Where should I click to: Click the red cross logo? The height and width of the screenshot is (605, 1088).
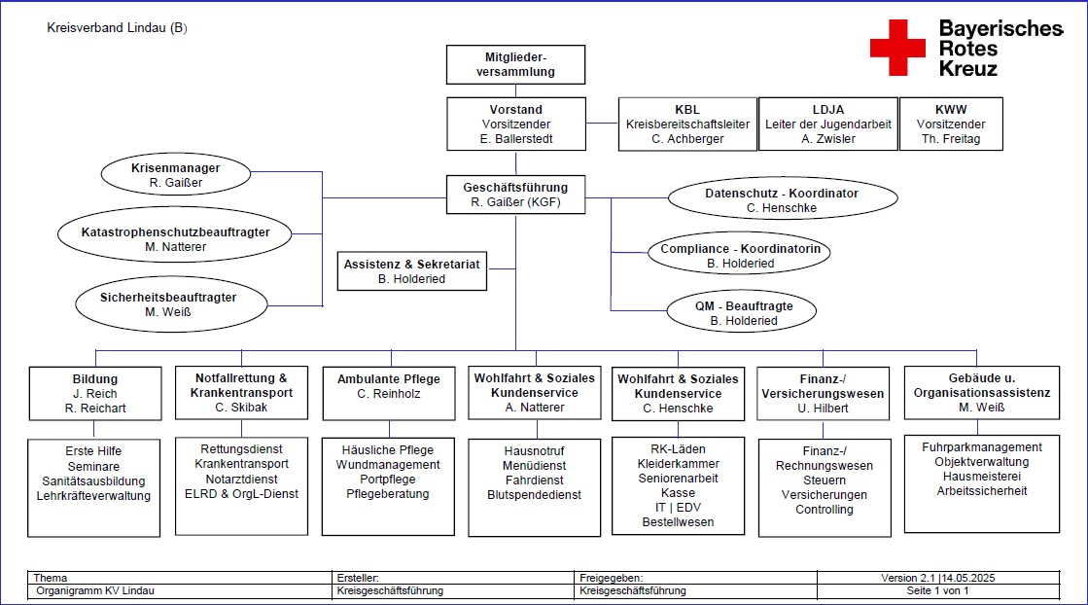(x=897, y=48)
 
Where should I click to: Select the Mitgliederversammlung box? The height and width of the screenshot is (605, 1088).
(x=515, y=64)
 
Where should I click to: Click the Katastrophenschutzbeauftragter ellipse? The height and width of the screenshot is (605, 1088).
(x=175, y=234)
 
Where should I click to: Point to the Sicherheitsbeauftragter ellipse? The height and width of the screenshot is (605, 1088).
(x=171, y=303)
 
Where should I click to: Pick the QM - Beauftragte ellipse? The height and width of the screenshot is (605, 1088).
(x=741, y=311)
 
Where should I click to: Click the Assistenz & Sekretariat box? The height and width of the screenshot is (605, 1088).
(x=412, y=271)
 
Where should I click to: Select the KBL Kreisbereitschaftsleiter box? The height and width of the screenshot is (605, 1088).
(x=687, y=125)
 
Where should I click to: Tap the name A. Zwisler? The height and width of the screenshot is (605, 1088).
(x=828, y=139)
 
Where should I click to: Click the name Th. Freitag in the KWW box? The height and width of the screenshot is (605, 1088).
(x=951, y=139)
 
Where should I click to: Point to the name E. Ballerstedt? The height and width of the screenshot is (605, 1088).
(x=516, y=139)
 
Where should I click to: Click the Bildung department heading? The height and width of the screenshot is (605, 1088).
(x=95, y=379)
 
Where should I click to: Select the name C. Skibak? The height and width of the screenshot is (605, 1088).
(x=241, y=408)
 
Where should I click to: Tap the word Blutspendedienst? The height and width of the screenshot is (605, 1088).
(x=535, y=495)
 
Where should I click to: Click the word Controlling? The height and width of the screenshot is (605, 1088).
(x=825, y=510)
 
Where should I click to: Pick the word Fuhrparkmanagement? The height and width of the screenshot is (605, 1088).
(x=982, y=447)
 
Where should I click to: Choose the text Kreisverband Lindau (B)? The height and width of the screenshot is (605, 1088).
(x=118, y=28)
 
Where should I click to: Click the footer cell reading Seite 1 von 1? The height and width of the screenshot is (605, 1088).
(x=937, y=591)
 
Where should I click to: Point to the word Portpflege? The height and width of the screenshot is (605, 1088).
(x=388, y=480)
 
